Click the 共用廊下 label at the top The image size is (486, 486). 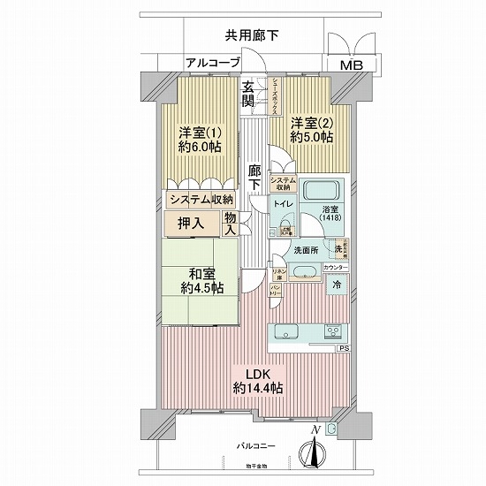point(251,36)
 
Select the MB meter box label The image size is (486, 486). point(352,65)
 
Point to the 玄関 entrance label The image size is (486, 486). point(250,95)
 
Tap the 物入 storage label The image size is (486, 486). point(230,223)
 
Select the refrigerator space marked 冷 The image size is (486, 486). point(337,285)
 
